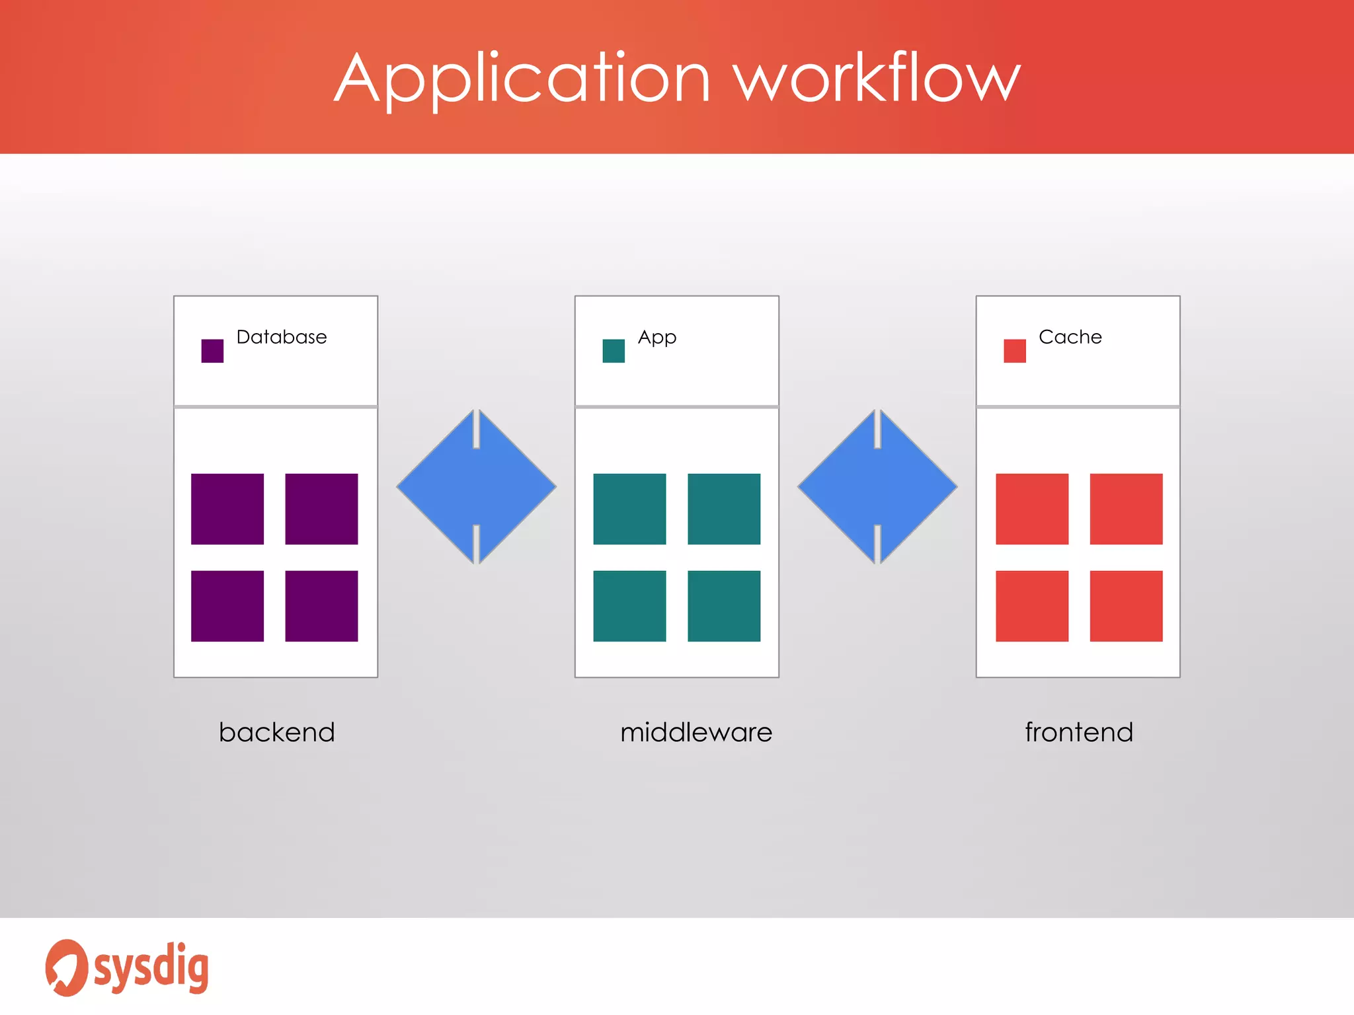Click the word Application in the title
pyautogui.click(x=522, y=79)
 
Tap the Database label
pyautogui.click(x=282, y=337)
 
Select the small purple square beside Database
pyautogui.click(x=212, y=351)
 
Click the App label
pyautogui.click(x=657, y=338)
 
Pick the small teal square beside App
pyautogui.click(x=614, y=351)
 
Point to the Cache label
pyautogui.click(x=1070, y=337)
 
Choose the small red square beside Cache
pyautogui.click(x=1014, y=351)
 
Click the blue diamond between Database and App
pyautogui.click(x=476, y=487)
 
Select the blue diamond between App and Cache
pyautogui.click(x=877, y=487)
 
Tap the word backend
pyautogui.click(x=277, y=732)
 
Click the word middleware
pyautogui.click(x=696, y=732)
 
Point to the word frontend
pyautogui.click(x=1079, y=732)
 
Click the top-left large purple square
pyautogui.click(x=227, y=509)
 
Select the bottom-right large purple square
pyautogui.click(x=321, y=606)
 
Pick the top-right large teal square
pyautogui.click(x=724, y=509)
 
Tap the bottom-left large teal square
pyautogui.click(x=629, y=606)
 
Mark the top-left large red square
pyautogui.click(x=1032, y=509)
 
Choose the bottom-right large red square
pyautogui.click(x=1126, y=606)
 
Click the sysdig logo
pyautogui.click(x=127, y=967)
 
